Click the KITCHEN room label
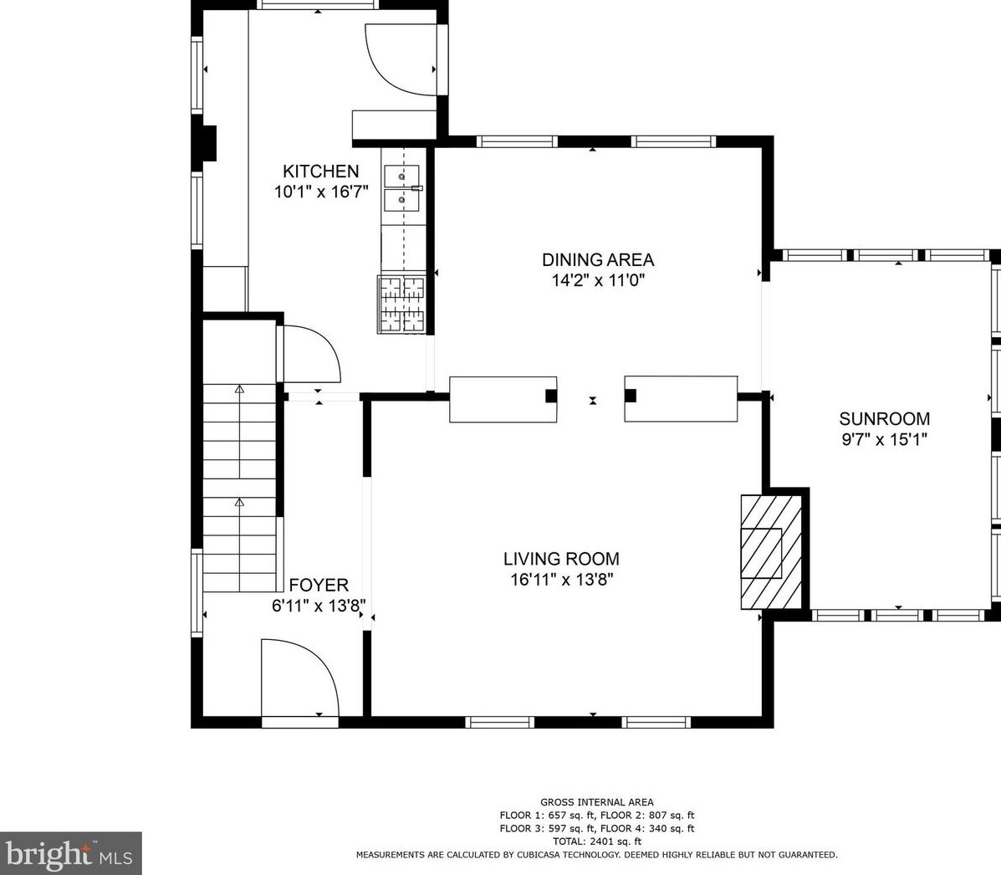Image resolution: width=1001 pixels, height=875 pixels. (x=320, y=171)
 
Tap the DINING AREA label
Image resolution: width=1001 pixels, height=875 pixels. (x=598, y=260)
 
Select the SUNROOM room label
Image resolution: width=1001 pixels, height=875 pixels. (x=884, y=419)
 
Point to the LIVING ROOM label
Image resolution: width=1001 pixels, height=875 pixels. (x=561, y=559)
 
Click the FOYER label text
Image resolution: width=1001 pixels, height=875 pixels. (x=319, y=585)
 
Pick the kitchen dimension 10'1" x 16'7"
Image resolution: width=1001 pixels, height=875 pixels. (x=321, y=192)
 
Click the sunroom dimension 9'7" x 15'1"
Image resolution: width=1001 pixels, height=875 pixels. (x=884, y=439)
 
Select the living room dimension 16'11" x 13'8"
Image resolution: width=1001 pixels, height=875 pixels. (x=561, y=579)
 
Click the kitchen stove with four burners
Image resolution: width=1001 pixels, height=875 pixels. (x=401, y=304)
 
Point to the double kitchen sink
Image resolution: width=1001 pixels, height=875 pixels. (x=401, y=188)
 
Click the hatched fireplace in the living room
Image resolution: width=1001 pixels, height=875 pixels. (x=771, y=552)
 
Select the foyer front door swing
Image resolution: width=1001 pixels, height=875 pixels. (x=300, y=677)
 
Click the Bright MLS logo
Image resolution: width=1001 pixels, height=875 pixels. (x=70, y=853)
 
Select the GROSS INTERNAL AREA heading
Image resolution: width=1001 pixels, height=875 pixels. (x=597, y=802)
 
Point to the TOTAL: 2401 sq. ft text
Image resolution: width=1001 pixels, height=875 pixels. (x=597, y=842)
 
